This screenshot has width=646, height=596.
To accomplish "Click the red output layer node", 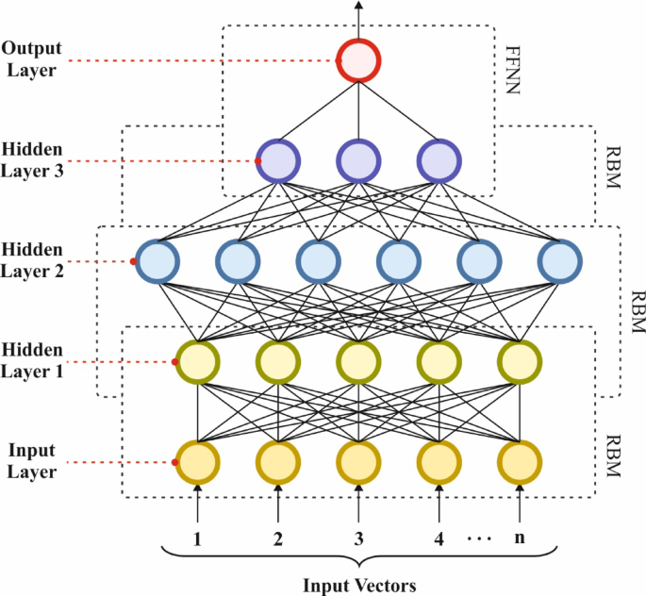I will point(358,61).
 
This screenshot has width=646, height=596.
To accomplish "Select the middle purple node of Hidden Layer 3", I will point(358,160).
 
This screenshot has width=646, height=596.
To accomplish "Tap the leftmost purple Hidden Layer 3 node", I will point(278,160).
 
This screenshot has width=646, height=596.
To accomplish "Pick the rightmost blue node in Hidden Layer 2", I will point(560,260).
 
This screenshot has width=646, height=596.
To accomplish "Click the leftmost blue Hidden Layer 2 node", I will point(157,260).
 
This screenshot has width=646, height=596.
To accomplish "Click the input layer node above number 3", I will point(358,462).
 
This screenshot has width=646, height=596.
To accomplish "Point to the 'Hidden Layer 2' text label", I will point(34,260).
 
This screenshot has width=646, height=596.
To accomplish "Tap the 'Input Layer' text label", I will point(34,462).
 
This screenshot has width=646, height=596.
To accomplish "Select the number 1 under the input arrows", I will point(197,539).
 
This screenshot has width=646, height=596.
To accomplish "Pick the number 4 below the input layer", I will point(439,539).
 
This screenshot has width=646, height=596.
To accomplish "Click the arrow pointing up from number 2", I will point(278,504).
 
